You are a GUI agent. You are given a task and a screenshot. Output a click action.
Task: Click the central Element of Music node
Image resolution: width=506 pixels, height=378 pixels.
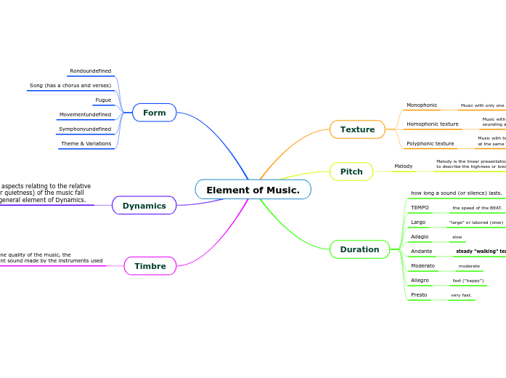tap(253, 190)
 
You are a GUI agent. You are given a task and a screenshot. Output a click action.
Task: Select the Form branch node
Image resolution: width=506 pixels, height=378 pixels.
tap(154, 113)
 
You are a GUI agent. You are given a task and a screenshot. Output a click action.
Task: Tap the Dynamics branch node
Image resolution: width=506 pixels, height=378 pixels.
tap(144, 206)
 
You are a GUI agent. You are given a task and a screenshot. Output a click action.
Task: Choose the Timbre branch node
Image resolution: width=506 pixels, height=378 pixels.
tap(150, 266)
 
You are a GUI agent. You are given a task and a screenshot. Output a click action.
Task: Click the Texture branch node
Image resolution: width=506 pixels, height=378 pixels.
tap(357, 129)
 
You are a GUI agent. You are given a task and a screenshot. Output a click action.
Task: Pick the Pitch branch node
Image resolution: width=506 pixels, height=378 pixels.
tap(351, 172)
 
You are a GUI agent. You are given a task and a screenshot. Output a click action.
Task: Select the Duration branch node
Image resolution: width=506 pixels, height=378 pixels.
tap(359, 249)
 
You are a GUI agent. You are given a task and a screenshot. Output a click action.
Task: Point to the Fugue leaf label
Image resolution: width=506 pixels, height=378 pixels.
tap(103, 100)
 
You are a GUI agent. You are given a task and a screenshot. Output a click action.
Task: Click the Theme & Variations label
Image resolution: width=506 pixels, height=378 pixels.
tap(86, 144)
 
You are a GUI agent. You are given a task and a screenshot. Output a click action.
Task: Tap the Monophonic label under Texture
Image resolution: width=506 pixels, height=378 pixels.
tap(422, 105)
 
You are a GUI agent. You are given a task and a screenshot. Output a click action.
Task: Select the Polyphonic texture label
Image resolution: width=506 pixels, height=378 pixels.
tap(430, 144)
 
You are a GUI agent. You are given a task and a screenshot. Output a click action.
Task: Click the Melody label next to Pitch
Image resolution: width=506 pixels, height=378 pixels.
tap(403, 166)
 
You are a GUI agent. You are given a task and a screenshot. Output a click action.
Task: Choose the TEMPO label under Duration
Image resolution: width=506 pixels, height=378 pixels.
tap(420, 208)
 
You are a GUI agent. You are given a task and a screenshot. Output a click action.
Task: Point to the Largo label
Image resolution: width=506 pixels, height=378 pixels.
tap(418, 222)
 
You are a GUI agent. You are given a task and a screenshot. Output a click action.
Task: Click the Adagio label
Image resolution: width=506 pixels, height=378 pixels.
tap(420, 237)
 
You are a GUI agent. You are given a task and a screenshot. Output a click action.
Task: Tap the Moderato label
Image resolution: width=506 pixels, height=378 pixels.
tap(423, 266)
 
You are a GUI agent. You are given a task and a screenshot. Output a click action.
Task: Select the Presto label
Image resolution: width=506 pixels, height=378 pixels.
tap(419, 295)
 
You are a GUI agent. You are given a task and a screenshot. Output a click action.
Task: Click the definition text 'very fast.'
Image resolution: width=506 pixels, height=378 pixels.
tap(461, 295)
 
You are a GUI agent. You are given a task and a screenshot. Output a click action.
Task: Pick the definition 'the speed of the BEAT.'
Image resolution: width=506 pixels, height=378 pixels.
tap(477, 208)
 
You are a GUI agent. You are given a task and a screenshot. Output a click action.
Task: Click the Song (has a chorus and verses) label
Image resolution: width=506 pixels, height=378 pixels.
tap(70, 86)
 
